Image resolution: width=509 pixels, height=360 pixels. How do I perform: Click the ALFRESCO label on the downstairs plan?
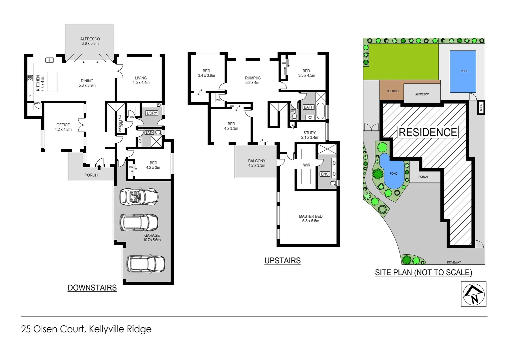point(90,39)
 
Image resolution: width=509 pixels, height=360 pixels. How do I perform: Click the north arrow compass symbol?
point(473,294)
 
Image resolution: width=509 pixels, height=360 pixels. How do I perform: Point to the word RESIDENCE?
point(428,132)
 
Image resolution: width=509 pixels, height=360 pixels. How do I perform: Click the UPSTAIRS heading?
point(282,261)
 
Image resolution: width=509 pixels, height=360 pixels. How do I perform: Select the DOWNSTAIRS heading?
point(92,288)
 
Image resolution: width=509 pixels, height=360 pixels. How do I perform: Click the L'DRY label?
point(152,113)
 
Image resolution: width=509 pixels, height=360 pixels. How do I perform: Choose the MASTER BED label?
point(310,216)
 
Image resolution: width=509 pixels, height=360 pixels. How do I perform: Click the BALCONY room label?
point(256,161)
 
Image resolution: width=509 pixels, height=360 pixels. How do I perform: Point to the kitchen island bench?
point(52,82)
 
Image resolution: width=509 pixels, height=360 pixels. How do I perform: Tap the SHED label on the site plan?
point(481,107)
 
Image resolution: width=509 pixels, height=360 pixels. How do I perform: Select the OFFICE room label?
point(63,125)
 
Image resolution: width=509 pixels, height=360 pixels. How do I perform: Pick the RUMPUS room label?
point(253,78)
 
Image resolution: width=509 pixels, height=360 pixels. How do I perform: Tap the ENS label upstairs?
point(324,174)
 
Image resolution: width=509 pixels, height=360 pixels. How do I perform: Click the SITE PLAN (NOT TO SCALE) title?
point(423,273)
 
